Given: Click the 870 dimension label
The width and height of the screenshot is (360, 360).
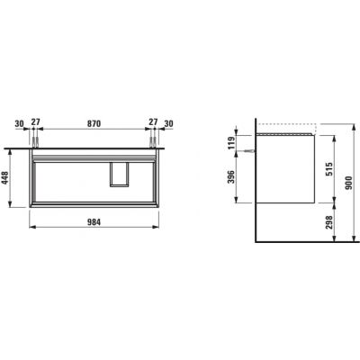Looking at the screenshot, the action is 94,123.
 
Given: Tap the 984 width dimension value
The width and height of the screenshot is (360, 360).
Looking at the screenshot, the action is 94,222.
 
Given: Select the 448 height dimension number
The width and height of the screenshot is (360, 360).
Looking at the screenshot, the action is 5,178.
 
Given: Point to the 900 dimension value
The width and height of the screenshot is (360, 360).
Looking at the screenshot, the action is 348,183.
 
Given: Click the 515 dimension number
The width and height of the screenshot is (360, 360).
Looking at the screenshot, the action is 329,169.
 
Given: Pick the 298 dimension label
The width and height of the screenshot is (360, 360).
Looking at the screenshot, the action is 329,222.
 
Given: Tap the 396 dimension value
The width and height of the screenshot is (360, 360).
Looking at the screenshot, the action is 231,176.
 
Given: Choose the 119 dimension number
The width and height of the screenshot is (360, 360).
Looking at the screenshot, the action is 231,142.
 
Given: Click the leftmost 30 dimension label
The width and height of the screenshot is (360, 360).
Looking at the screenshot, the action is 19,123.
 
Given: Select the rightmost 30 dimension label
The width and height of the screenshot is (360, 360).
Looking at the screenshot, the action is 168,123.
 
